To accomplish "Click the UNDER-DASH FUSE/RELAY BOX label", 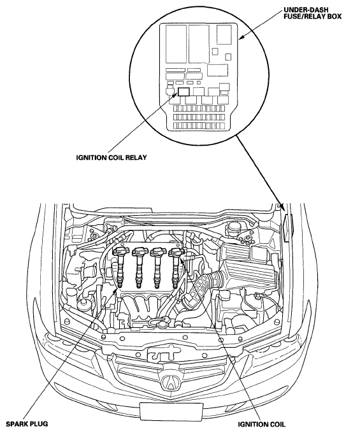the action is [x=312, y=13].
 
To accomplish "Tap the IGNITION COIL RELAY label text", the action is [x=112, y=157].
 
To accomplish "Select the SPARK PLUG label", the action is [x=27, y=424].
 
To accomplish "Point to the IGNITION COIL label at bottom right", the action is [x=261, y=425].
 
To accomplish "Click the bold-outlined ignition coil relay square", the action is [x=184, y=92].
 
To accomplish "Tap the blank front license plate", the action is [x=171, y=411].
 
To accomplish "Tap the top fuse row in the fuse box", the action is [x=199, y=109].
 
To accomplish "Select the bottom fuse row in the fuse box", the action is [x=199, y=125].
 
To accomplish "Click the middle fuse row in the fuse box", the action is [x=199, y=117].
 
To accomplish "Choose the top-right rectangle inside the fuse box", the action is [x=224, y=34].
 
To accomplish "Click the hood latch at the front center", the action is [x=162, y=352].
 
